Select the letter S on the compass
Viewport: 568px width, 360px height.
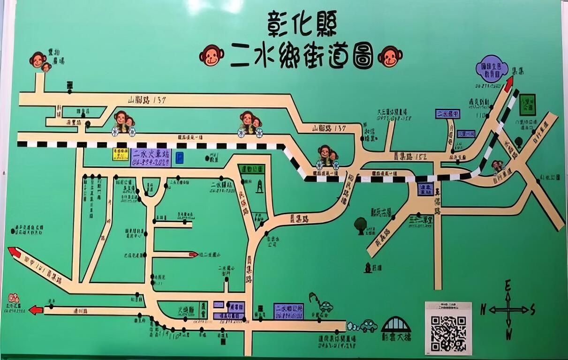533,309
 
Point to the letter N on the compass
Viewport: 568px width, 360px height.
483,309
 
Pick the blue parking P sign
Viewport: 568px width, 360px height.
179,157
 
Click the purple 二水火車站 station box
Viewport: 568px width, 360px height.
151,157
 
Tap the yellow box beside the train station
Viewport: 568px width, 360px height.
121,154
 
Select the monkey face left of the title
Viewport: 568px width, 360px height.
211,55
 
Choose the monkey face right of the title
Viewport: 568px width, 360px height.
390,56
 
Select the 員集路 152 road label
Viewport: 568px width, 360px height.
410,156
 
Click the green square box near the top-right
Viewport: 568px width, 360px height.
528,105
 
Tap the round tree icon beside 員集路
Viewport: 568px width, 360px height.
360,225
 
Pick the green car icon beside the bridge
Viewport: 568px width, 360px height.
368,325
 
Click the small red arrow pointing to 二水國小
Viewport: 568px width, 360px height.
193,255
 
